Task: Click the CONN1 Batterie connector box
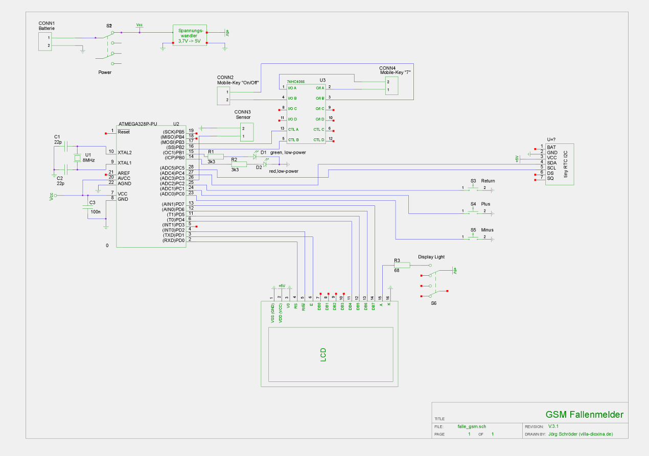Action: pyautogui.click(x=45, y=41)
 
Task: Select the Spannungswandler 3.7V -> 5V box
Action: pyautogui.click(x=190, y=35)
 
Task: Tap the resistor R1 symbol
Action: pyautogui.click(x=215, y=156)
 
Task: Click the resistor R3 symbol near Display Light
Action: pyautogui.click(x=402, y=265)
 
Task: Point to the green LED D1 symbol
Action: pyautogui.click(x=256, y=156)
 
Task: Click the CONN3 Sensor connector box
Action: pyautogui.click(x=246, y=132)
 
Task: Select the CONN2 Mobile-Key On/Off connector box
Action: pyautogui.click(x=223, y=95)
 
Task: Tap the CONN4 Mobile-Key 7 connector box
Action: pyautogui.click(x=391, y=86)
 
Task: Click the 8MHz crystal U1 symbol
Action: pyautogui.click(x=78, y=158)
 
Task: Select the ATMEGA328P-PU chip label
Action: pyautogui.click(x=137, y=124)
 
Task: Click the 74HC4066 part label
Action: pyautogui.click(x=295, y=81)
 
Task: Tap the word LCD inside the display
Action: pyautogui.click(x=323, y=355)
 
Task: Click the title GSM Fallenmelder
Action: pyautogui.click(x=584, y=415)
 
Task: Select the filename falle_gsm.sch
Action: pyautogui.click(x=472, y=426)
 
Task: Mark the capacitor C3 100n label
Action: pyautogui.click(x=95, y=211)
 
